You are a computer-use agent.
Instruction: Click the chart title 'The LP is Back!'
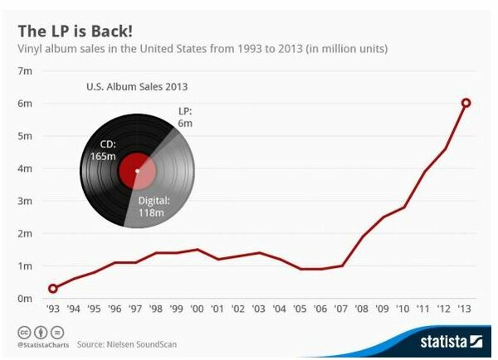pyautogui.click(x=76, y=32)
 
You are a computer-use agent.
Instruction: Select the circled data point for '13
pyautogui.click(x=466, y=103)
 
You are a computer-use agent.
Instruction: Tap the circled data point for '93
pyautogui.click(x=53, y=289)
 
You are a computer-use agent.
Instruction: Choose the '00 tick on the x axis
pyautogui.click(x=197, y=309)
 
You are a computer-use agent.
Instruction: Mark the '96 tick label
pyautogui.click(x=115, y=309)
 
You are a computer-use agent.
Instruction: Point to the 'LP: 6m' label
pyautogui.click(x=185, y=117)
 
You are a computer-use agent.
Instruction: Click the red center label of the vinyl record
pyautogui.click(x=137, y=172)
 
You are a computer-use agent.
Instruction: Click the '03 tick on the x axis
pyautogui.click(x=258, y=309)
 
